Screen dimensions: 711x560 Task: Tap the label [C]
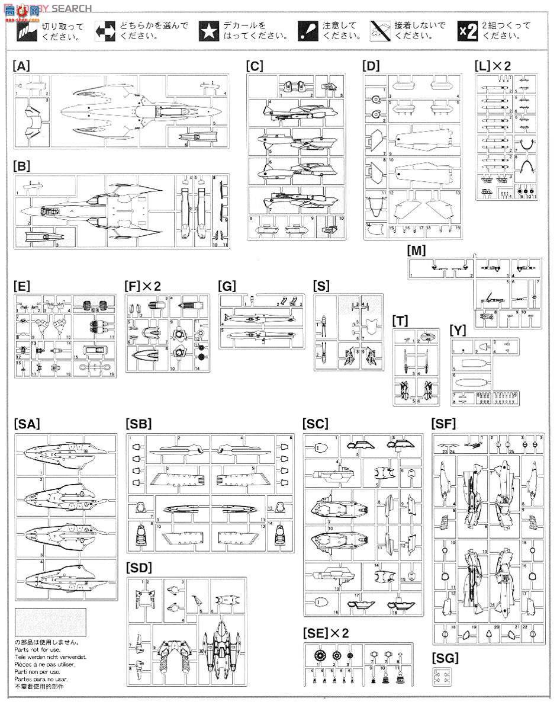pos(255,66)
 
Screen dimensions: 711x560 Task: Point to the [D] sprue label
pos(371,66)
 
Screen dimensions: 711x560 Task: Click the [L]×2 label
pos(492,66)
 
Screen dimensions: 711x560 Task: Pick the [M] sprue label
pos(416,251)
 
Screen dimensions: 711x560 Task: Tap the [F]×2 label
pos(143,286)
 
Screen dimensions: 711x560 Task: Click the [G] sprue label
pos(227,286)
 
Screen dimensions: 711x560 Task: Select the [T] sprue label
pos(400,321)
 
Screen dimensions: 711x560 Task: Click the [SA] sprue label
pos(25,424)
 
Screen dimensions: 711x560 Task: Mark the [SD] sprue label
pos(139,568)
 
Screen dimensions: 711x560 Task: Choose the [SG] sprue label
pos(445,657)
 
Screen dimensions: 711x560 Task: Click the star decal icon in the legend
pos(208,30)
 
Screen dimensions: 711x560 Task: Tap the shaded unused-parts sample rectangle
pos(50,623)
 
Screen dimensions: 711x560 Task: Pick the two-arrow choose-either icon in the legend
pos(105,30)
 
